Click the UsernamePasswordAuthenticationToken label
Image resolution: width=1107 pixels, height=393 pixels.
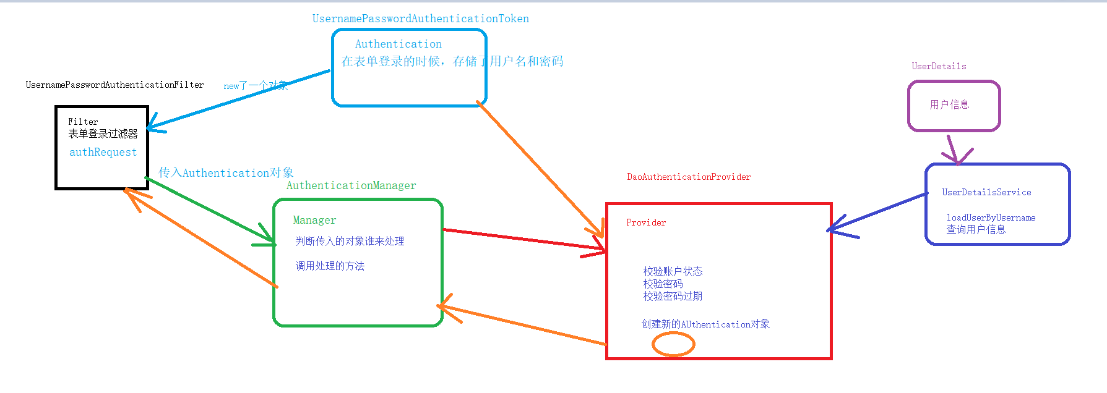point(420,19)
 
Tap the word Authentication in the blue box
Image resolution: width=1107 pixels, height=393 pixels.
point(398,44)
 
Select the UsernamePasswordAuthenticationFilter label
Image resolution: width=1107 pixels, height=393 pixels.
point(114,85)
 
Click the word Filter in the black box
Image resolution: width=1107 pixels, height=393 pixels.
point(83,122)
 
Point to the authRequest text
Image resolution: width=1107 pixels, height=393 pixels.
point(103,152)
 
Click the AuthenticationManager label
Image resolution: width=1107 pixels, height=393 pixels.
point(351,185)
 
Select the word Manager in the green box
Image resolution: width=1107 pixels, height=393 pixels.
point(314,220)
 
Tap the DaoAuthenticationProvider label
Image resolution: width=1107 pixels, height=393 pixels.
point(689,177)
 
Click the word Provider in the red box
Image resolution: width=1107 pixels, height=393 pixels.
point(646,222)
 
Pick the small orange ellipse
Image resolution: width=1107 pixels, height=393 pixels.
point(673,344)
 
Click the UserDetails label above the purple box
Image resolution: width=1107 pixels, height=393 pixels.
point(939,66)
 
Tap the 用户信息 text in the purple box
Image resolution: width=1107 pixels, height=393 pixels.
point(949,104)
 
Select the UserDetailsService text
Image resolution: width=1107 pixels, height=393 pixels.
point(986,192)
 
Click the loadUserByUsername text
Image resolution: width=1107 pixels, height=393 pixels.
point(991,218)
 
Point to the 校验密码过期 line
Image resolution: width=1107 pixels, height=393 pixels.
point(673,296)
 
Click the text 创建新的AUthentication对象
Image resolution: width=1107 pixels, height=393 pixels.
point(705,324)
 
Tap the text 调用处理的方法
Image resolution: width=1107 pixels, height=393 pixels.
point(330,266)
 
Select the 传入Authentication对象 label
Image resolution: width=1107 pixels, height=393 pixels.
point(226,172)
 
